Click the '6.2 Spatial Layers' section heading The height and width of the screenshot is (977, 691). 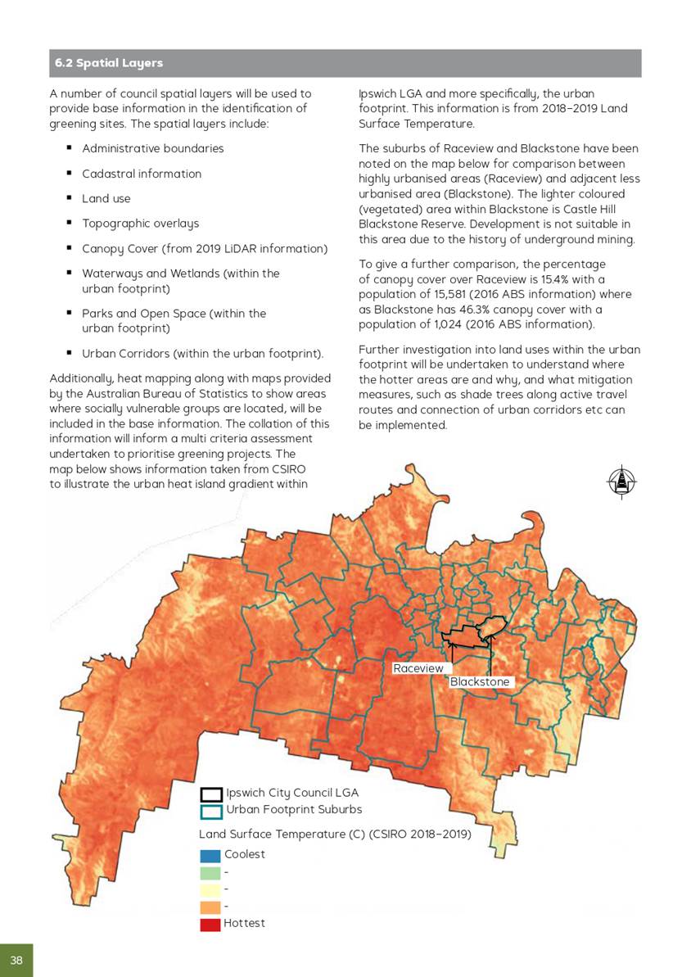pos(109,63)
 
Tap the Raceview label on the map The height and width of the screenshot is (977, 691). pos(418,668)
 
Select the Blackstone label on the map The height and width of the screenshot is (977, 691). pos(480,682)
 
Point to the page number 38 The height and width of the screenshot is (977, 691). pos(16,960)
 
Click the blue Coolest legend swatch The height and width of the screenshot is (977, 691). pos(210,855)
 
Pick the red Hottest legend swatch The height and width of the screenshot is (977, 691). pos(210,924)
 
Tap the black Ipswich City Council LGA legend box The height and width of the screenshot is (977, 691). pos(211,794)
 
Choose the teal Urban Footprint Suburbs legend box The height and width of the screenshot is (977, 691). pos(211,811)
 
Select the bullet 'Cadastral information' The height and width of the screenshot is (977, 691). pos(141,174)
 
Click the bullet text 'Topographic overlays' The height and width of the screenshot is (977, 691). pos(140,223)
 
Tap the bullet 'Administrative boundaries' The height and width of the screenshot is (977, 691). pos(152,148)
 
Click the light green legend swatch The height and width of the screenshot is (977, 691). pos(210,873)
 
